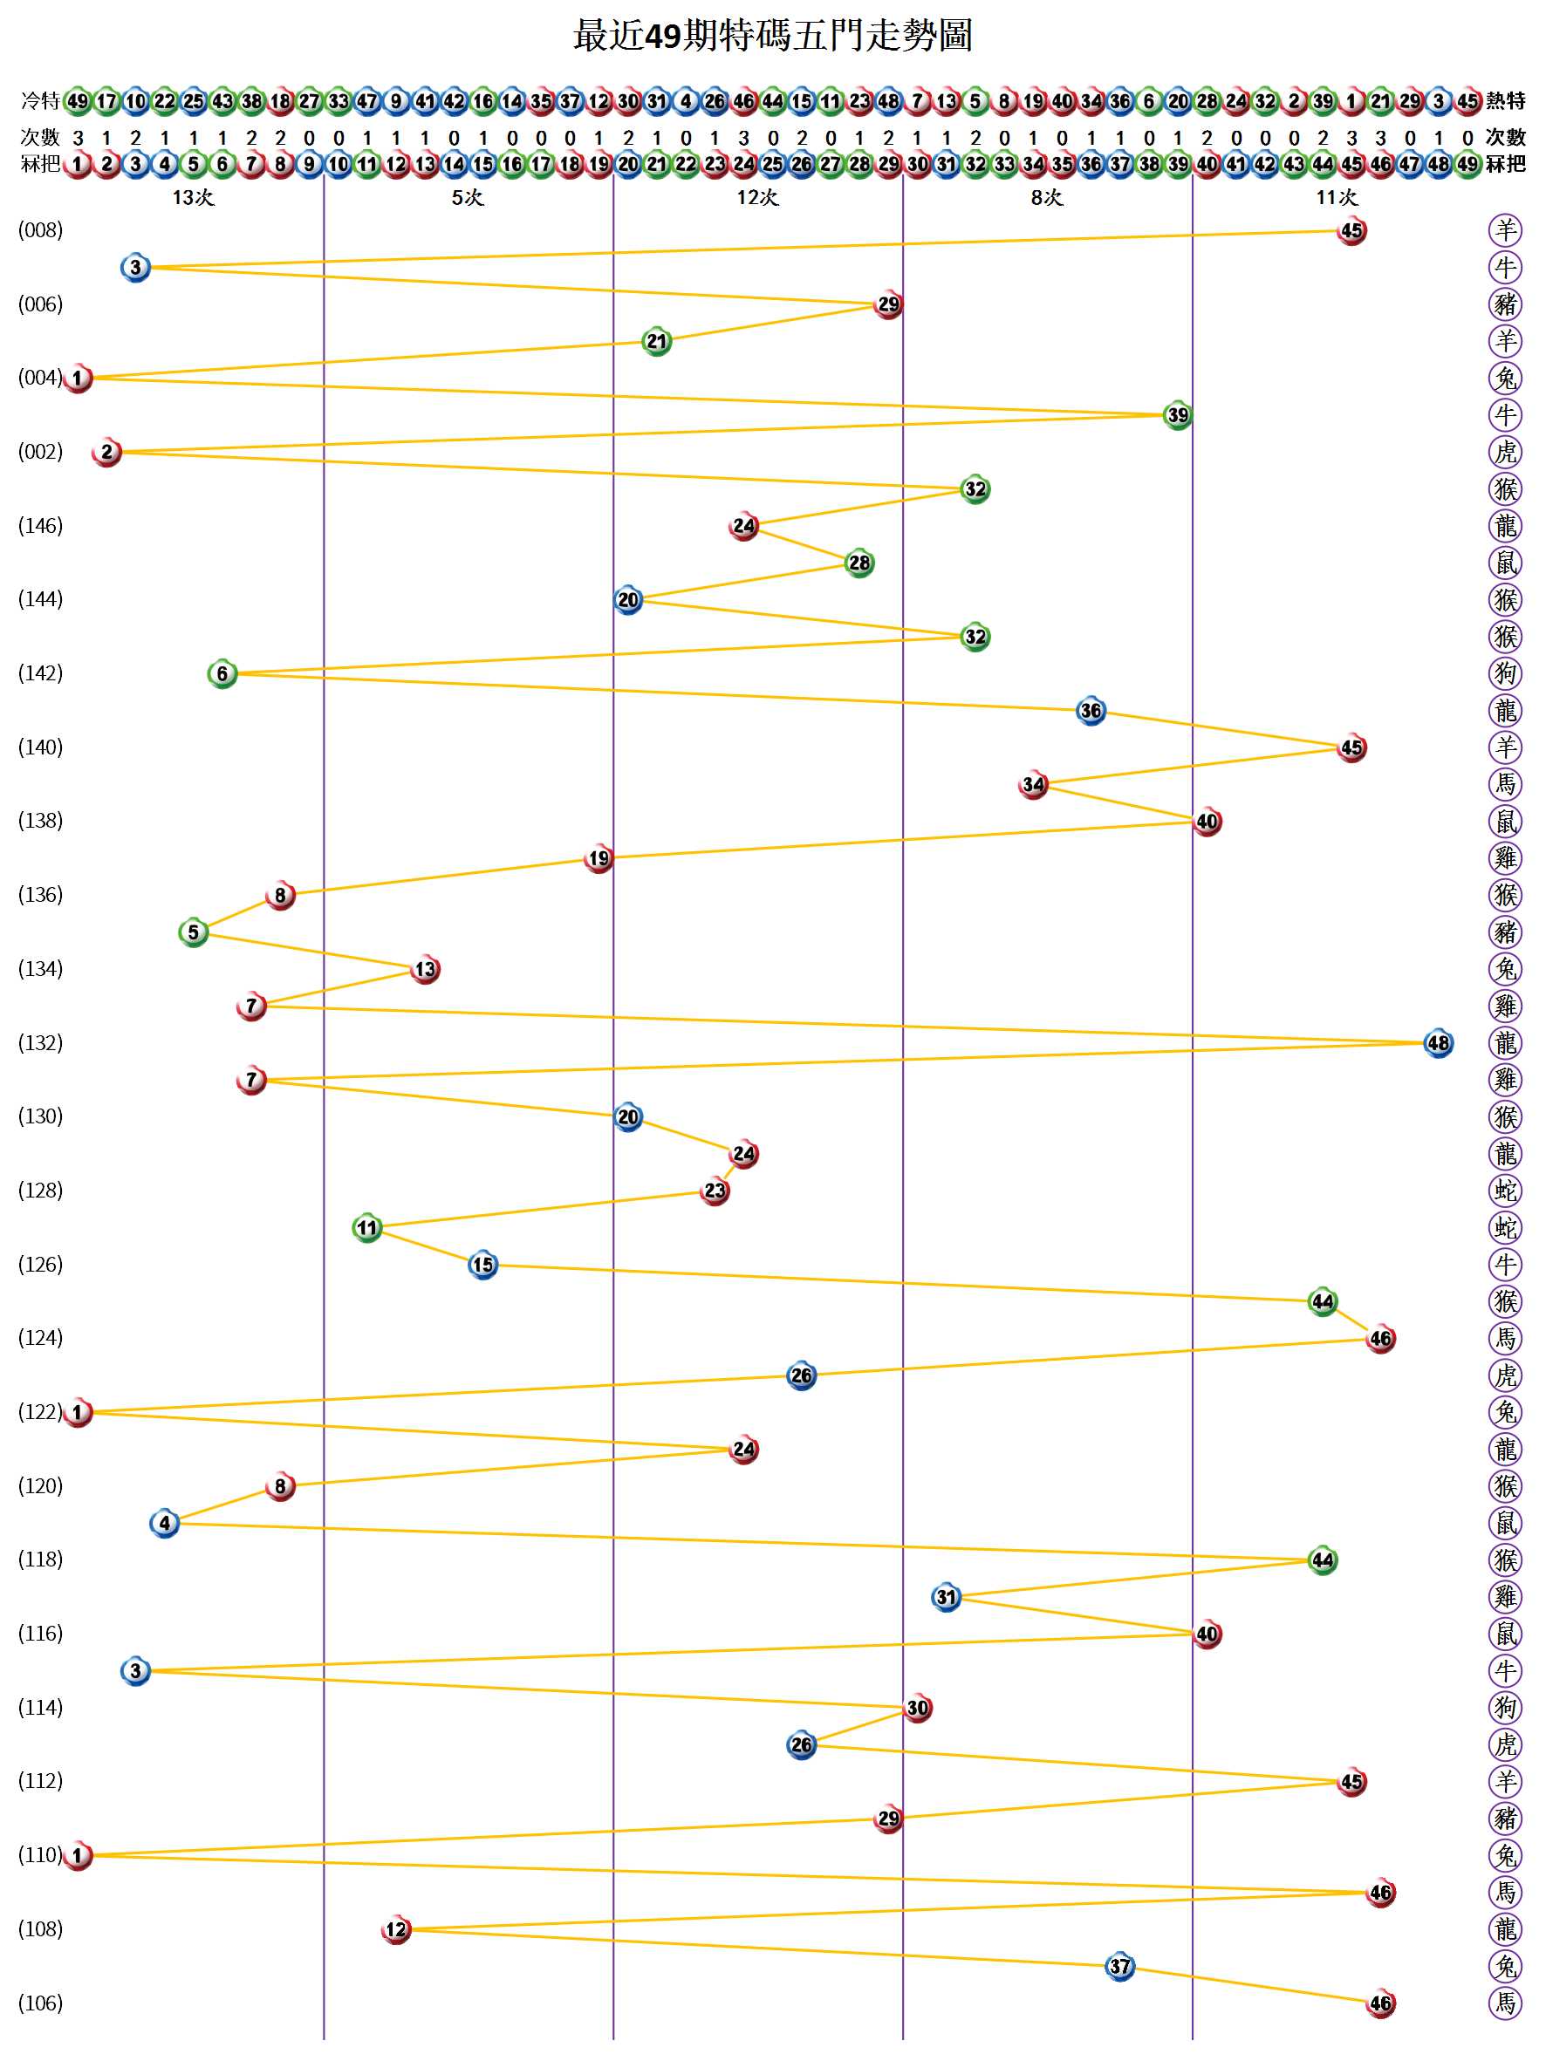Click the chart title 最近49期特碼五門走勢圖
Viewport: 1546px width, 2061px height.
(x=772, y=36)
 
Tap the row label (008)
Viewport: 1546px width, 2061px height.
(x=40, y=230)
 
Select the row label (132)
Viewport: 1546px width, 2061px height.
(x=40, y=1042)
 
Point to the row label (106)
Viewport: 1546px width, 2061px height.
(x=40, y=2003)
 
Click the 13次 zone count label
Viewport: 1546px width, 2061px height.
(x=193, y=197)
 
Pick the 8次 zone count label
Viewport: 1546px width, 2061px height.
(x=1046, y=197)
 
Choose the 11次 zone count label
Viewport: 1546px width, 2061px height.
(x=1337, y=197)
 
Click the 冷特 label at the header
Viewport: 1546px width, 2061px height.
(x=40, y=100)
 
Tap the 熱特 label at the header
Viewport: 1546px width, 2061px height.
(x=1505, y=100)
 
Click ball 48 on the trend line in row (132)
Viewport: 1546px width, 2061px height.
(x=1438, y=1043)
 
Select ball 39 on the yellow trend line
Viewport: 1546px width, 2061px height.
(x=1178, y=415)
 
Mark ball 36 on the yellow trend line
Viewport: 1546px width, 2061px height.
(x=1091, y=711)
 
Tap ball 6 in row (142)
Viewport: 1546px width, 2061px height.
(x=222, y=673)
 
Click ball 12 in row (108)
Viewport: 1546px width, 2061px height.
(x=396, y=1929)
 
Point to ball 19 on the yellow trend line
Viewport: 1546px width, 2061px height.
(x=599, y=858)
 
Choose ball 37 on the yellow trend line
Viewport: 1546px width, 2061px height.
(x=1119, y=1967)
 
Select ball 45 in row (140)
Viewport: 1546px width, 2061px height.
(x=1351, y=747)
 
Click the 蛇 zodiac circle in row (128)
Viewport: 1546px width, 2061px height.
(x=1505, y=1191)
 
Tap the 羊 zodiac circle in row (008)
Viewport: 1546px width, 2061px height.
(x=1505, y=230)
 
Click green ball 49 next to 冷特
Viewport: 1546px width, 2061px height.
(x=78, y=100)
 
